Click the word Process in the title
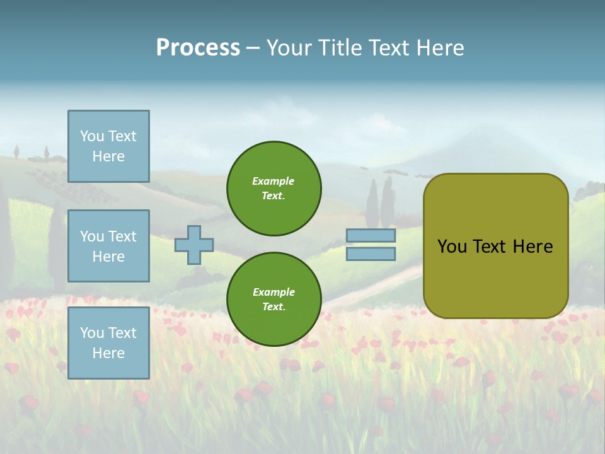[x=198, y=48]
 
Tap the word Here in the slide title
[x=439, y=48]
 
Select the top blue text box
[x=108, y=146]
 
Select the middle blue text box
[x=108, y=246]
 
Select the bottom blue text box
[x=108, y=343]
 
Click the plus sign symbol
[x=194, y=245]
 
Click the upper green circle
[x=274, y=189]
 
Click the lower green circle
[x=274, y=300]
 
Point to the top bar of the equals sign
[x=371, y=235]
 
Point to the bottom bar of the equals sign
[x=371, y=254]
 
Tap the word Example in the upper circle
[x=273, y=181]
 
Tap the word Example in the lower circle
[x=274, y=292]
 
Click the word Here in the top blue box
[x=108, y=156]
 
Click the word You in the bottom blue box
[x=91, y=333]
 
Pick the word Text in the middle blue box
[x=122, y=236]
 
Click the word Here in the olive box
[x=533, y=247]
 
